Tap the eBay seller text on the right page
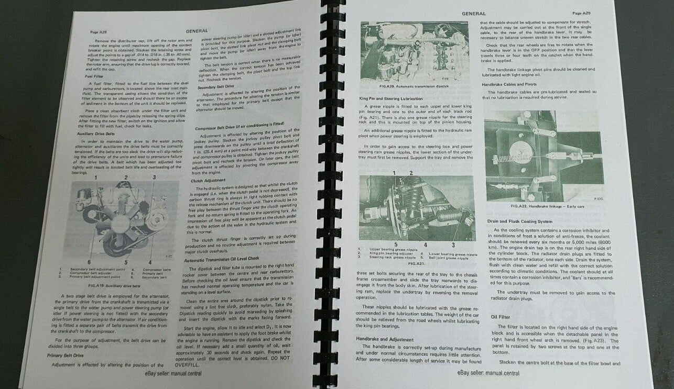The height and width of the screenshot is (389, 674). pos(487,373)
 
